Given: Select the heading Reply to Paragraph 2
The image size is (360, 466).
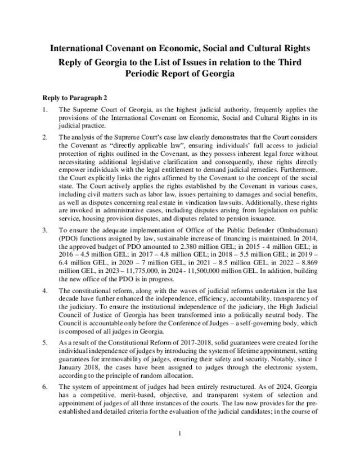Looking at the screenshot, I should (75, 97).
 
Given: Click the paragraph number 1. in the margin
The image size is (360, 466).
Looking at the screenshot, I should (45, 109).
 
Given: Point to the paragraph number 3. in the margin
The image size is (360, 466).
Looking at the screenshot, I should (45, 230).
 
